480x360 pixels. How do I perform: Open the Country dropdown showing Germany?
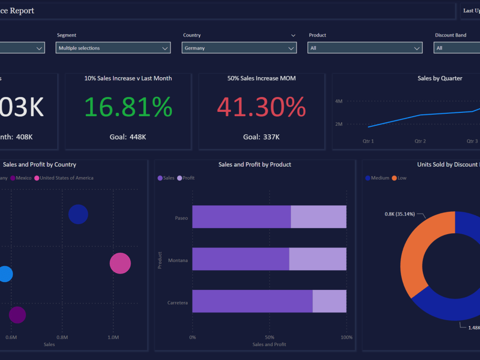pyautogui.click(x=239, y=48)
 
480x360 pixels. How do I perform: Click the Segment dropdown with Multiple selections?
pyautogui.click(x=113, y=48)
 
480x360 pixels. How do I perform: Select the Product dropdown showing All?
pyautogui.click(x=365, y=48)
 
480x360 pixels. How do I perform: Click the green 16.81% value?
pyautogui.click(x=128, y=107)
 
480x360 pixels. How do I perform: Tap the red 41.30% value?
pyautogui.click(x=261, y=107)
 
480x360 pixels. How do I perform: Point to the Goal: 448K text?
pyautogui.click(x=128, y=137)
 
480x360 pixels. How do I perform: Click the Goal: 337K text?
pyautogui.click(x=261, y=137)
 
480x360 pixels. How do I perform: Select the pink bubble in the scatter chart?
pyautogui.click(x=120, y=263)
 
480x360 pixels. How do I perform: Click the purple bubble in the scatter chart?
pyautogui.click(x=17, y=315)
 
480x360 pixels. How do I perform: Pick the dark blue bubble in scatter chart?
pyautogui.click(x=78, y=214)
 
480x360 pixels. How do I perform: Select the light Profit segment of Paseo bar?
pyautogui.click(x=318, y=217)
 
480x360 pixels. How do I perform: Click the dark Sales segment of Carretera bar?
pyautogui.click(x=252, y=301)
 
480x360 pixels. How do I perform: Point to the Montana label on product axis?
pyautogui.click(x=178, y=261)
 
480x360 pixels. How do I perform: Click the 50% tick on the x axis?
pyautogui.click(x=269, y=337)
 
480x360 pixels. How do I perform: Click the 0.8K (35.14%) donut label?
pyautogui.click(x=399, y=214)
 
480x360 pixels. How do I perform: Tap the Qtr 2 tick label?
pyautogui.click(x=420, y=141)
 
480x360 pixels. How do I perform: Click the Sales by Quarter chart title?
pyautogui.click(x=440, y=78)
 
